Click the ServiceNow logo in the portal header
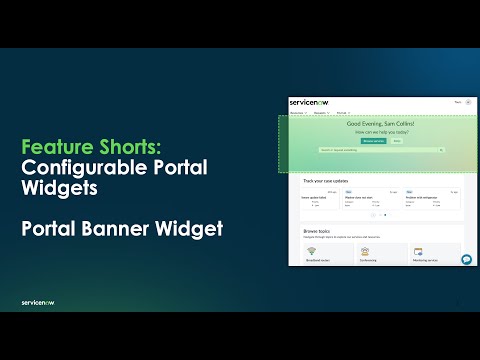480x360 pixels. pos(303,102)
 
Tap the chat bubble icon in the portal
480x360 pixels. pos(466,259)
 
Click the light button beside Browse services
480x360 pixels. pos(396,141)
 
